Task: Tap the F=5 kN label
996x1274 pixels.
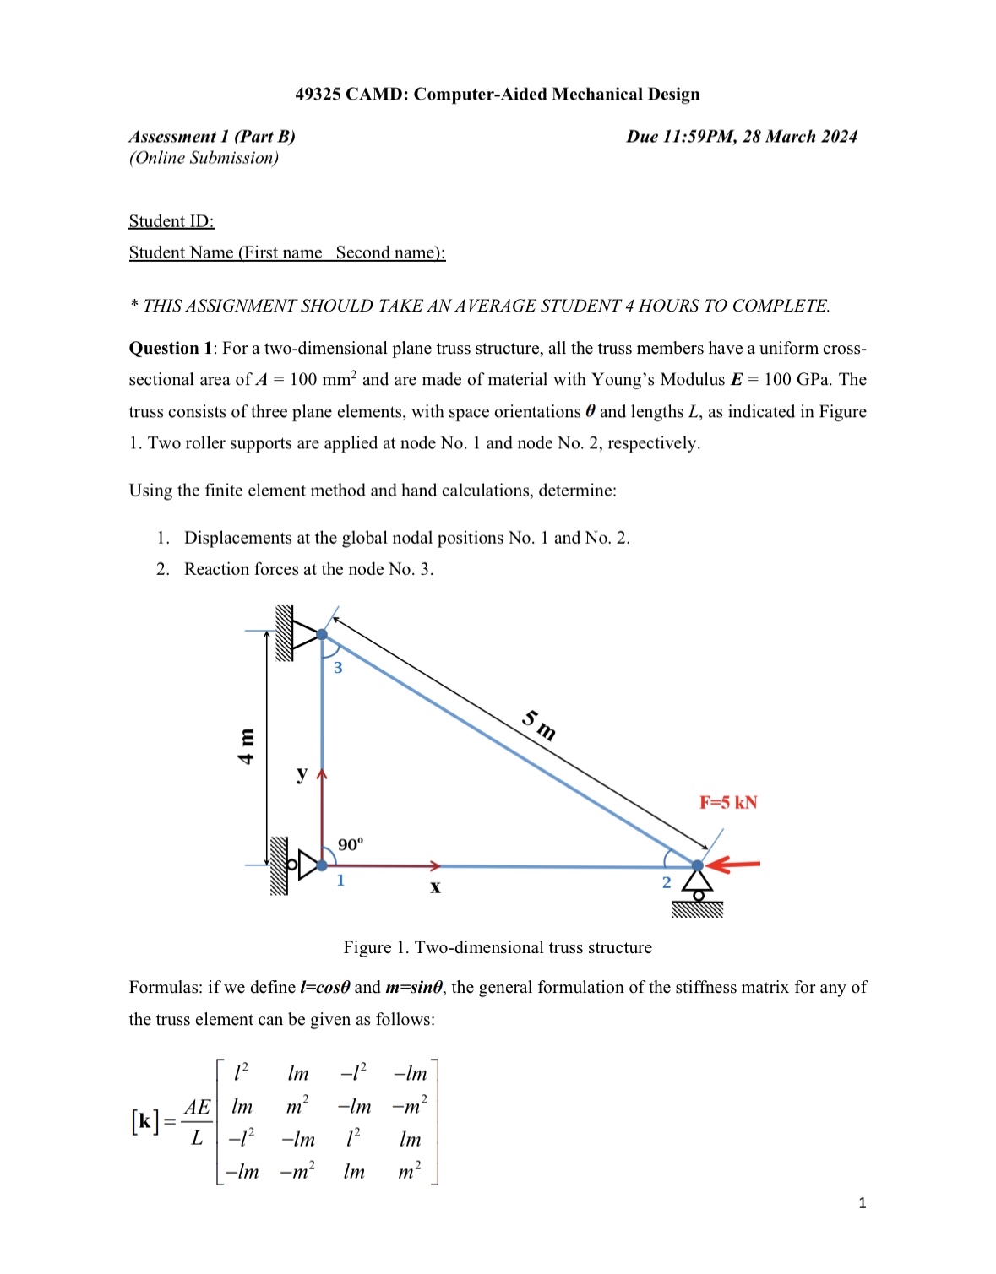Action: coord(727,802)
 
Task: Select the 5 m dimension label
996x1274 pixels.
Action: coord(539,725)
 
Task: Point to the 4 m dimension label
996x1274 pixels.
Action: coord(246,746)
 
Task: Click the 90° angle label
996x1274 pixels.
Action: coord(351,844)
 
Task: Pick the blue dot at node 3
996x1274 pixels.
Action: coord(322,634)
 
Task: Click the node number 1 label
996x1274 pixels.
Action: coord(340,881)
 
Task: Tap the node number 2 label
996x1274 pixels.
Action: coord(666,882)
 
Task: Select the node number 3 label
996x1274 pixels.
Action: coord(338,668)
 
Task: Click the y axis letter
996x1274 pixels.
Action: coord(302,773)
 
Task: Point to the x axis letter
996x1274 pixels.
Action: coord(435,887)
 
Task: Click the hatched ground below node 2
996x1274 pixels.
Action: coord(698,909)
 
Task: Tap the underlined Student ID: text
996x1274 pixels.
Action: coord(171,221)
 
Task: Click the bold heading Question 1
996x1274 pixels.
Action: coord(171,349)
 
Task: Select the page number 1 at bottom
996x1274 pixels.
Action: coord(862,1203)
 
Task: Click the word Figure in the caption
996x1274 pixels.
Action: coord(367,947)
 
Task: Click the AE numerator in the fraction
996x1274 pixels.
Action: coord(197,1107)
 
